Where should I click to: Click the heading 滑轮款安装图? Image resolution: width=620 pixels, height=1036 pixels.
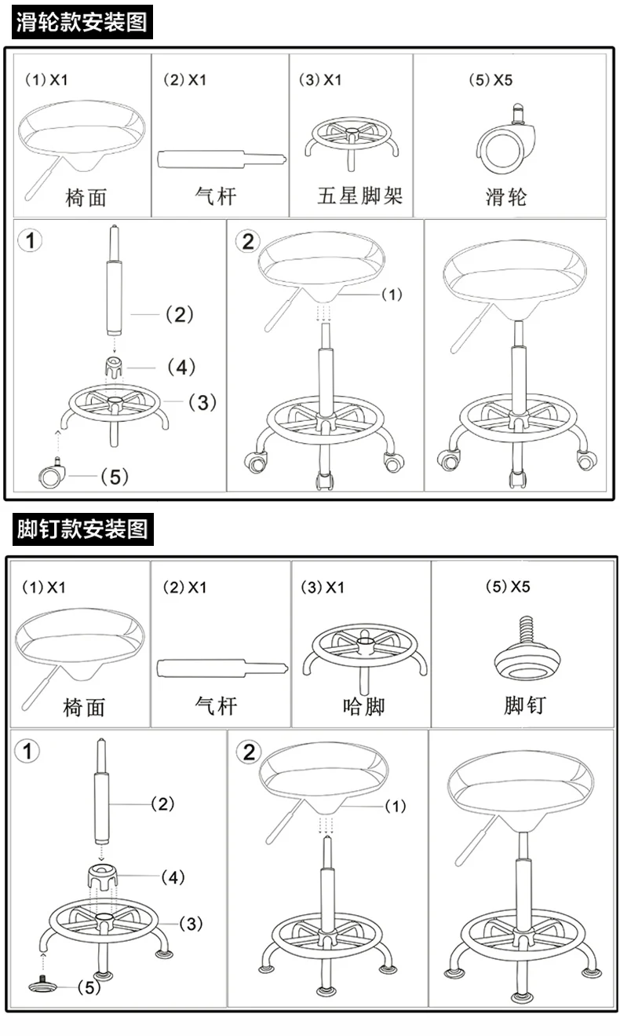click(82, 22)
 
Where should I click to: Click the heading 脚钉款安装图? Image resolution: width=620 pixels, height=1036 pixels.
click(82, 529)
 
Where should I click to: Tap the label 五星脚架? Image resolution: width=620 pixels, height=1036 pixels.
click(359, 196)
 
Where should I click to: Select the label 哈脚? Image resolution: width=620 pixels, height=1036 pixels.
click(363, 706)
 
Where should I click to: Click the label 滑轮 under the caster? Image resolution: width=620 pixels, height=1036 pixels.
click(506, 196)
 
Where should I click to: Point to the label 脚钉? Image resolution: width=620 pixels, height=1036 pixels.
click(525, 705)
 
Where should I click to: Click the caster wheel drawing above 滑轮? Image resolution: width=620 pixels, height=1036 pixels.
click(506, 139)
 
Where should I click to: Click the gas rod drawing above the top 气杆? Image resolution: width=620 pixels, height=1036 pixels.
click(222, 159)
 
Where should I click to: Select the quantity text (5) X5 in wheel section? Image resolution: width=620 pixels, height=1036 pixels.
click(491, 80)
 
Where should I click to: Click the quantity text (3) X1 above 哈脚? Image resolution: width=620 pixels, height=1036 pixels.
click(323, 588)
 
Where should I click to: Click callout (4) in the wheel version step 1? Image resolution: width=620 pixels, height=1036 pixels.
click(181, 368)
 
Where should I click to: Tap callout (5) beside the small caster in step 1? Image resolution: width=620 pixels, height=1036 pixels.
click(115, 477)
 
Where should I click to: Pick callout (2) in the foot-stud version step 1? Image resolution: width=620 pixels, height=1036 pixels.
click(162, 804)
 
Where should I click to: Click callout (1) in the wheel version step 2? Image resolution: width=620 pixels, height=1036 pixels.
click(392, 295)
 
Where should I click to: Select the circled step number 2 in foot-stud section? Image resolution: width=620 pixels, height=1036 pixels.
click(249, 752)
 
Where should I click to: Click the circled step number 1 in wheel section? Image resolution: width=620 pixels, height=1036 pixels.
click(30, 240)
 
